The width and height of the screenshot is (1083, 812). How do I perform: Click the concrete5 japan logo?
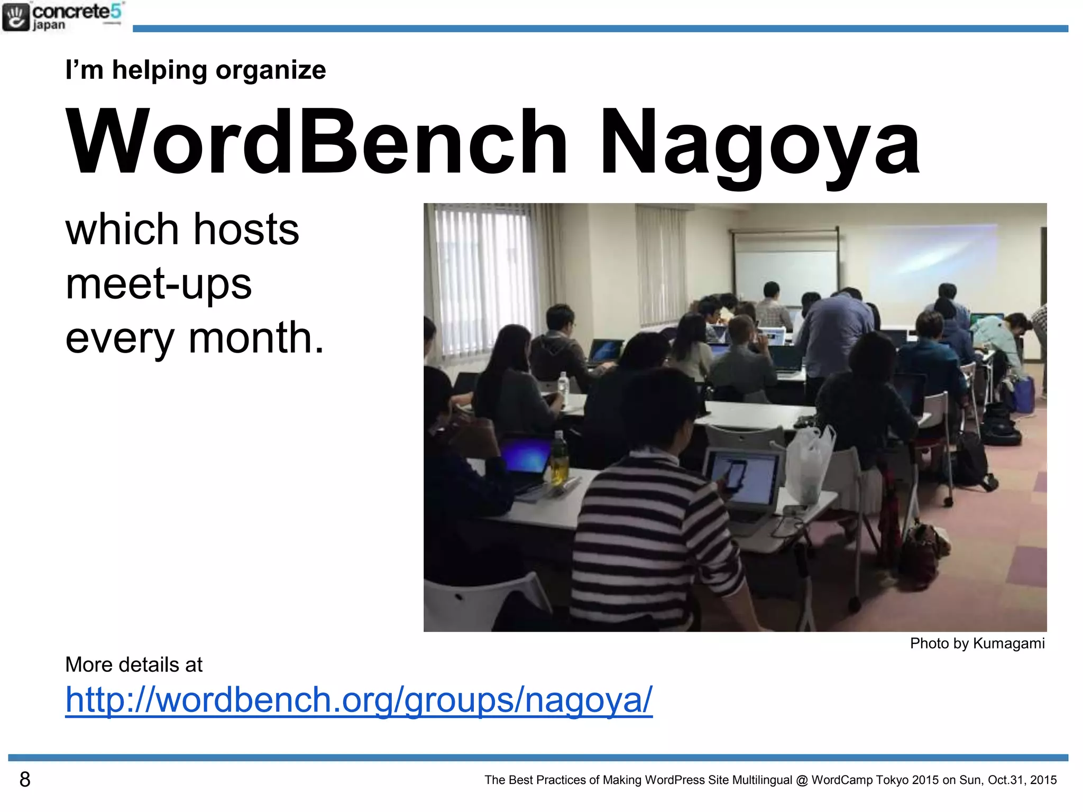(62, 17)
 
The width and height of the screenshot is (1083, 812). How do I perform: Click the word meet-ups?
(159, 284)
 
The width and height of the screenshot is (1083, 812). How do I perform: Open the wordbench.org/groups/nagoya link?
(359, 700)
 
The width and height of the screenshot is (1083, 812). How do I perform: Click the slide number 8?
(25, 779)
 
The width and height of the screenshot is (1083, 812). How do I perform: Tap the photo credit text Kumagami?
(1008, 643)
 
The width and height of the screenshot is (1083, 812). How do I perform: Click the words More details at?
(133, 665)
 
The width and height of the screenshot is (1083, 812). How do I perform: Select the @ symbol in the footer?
(802, 780)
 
